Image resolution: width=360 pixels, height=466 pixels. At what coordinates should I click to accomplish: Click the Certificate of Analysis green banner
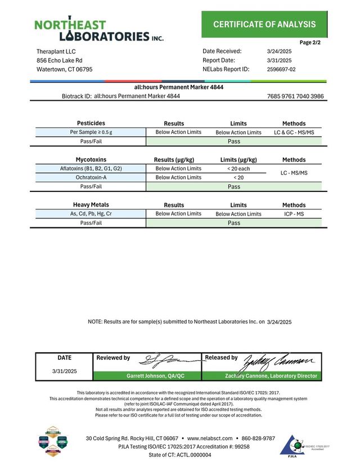pos(264,24)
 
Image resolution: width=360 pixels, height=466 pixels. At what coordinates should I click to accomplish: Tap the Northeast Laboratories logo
pos(98,30)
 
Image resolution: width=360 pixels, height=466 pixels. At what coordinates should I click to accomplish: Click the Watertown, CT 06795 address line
pos(65,69)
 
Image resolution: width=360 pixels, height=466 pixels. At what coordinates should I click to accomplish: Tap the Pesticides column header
pos(91,123)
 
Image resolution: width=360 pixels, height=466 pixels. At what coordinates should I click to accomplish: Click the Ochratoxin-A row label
pos(91,177)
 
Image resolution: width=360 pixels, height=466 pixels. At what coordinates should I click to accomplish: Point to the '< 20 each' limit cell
pos(238,168)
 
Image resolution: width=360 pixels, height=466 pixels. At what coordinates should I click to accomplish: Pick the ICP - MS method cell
pos(294,214)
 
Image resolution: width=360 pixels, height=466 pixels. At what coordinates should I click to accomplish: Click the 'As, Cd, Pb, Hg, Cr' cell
pos(91,214)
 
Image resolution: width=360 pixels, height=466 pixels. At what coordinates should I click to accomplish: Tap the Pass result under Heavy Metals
pos(234,223)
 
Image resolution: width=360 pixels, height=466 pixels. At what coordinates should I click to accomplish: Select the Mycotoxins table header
pos(91,159)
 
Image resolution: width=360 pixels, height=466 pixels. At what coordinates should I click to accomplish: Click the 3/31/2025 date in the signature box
pos(64,371)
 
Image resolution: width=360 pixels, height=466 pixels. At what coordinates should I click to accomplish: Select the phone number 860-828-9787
pos(258,438)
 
